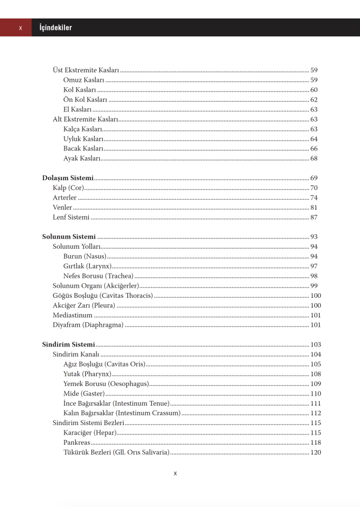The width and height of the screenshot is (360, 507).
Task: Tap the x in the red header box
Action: click(x=21, y=28)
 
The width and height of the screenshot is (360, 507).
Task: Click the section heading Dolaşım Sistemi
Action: click(x=68, y=178)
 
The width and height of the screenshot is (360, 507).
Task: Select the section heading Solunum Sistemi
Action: click(x=69, y=237)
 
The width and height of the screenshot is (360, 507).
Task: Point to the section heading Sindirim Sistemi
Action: click(x=69, y=344)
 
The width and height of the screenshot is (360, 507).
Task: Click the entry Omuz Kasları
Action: click(x=84, y=80)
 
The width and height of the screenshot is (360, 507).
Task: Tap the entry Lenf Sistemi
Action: click(x=71, y=217)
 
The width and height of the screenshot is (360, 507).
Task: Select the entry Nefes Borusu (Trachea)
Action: click(x=98, y=276)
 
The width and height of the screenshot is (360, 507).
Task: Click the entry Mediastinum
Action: click(x=72, y=315)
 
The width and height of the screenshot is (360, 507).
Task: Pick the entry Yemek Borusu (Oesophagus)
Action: click(x=106, y=383)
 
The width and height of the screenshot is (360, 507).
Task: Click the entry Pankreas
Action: click(x=77, y=442)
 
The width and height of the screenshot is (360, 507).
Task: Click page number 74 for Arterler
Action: click(x=314, y=198)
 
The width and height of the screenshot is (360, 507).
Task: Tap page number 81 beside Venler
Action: click(x=314, y=208)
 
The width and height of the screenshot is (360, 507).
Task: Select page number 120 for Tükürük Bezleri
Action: click(x=316, y=452)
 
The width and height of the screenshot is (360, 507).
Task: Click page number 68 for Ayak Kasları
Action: click(x=314, y=158)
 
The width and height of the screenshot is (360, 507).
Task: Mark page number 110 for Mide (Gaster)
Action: click(x=316, y=393)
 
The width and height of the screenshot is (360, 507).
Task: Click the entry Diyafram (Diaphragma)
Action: click(x=88, y=325)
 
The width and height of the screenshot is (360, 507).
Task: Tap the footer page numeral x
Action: click(x=175, y=473)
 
